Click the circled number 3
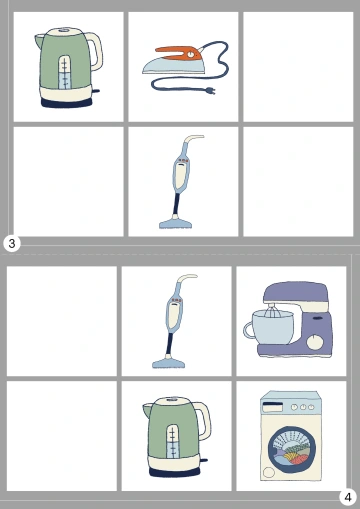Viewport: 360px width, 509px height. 12,243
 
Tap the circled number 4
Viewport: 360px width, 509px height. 348,497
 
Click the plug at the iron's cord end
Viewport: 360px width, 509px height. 210,90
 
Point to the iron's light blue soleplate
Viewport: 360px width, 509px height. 172,66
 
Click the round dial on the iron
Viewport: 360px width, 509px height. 190,54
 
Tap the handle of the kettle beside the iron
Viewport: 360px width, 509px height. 96,51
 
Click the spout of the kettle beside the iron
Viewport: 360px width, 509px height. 39,41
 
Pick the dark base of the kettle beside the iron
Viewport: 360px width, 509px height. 67,102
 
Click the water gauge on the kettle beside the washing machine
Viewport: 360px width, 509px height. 172,441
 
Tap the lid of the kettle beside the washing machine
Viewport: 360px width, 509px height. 173,400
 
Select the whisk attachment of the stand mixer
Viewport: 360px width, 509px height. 273,313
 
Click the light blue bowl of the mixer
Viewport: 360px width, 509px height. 273,328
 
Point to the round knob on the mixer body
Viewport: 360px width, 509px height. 315,343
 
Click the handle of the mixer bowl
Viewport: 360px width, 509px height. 249,331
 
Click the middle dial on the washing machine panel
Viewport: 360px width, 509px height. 303,407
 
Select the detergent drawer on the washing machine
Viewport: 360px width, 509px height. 273,407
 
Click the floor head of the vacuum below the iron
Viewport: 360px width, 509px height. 176,222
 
